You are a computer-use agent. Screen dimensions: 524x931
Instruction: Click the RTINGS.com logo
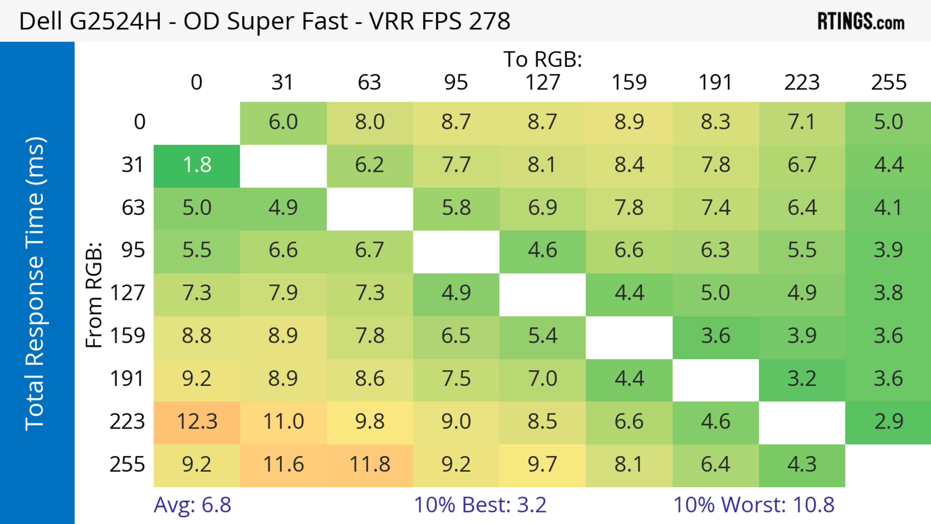(861, 22)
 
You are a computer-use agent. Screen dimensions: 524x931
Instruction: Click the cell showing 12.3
(197, 422)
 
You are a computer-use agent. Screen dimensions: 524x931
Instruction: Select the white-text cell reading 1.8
(197, 165)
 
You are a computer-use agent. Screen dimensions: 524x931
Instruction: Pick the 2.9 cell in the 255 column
(888, 422)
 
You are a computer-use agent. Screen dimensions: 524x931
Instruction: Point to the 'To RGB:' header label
(543, 59)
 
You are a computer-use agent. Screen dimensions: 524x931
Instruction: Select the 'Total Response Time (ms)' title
(35, 284)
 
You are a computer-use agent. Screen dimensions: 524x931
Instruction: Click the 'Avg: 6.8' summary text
(192, 505)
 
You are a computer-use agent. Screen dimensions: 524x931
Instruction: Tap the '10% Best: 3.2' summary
(480, 505)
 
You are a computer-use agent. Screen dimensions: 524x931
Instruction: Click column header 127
(543, 82)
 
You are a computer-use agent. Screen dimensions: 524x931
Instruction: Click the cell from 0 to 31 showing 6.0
(283, 122)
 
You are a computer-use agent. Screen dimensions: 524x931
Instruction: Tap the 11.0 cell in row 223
(283, 422)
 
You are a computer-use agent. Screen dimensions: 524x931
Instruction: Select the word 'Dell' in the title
(40, 21)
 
